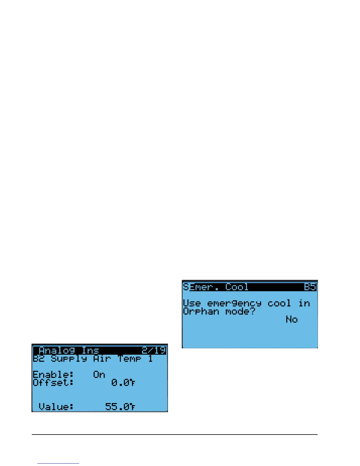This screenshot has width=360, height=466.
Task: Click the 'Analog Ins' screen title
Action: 69,350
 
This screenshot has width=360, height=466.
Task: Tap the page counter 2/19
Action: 154,350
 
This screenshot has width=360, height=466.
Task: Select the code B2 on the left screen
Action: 39,359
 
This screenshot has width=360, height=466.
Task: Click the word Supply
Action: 69,359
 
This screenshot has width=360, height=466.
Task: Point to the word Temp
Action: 129,359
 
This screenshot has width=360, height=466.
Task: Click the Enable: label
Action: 53,375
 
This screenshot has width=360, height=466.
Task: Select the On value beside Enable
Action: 99,375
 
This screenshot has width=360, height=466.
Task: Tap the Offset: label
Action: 53,382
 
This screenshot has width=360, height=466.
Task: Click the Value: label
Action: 56,407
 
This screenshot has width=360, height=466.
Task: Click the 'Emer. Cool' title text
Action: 219,287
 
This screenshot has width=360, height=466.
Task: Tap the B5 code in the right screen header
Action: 310,287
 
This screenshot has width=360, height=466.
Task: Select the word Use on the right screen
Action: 192,303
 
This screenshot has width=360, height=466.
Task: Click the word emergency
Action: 234,304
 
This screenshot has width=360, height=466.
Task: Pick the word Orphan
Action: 201,312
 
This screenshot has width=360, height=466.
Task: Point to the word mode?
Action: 240,311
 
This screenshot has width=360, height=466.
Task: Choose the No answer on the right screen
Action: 292,319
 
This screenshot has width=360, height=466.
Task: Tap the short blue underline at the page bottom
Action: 58,464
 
